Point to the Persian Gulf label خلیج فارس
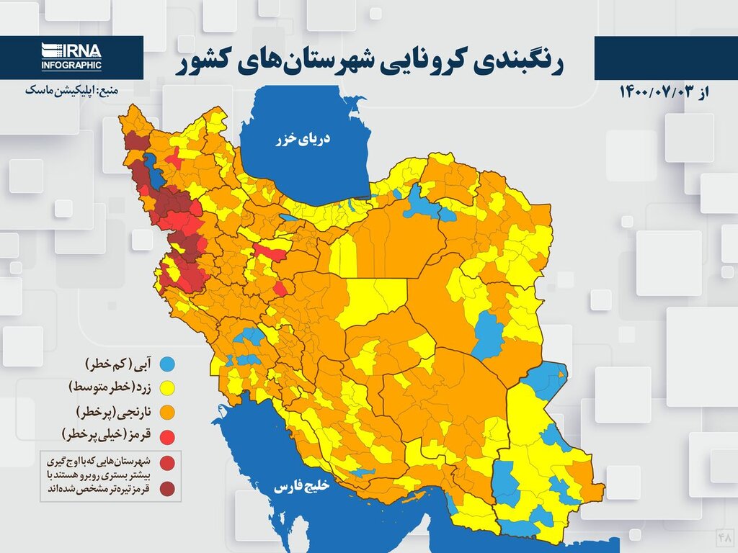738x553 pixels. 301,487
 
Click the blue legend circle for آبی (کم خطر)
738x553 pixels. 166,362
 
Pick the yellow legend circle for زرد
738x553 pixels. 166,387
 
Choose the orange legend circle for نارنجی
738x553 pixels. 166,412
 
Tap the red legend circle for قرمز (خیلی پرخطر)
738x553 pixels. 166,436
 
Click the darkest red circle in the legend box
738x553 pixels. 166,489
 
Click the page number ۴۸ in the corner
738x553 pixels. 724,536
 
